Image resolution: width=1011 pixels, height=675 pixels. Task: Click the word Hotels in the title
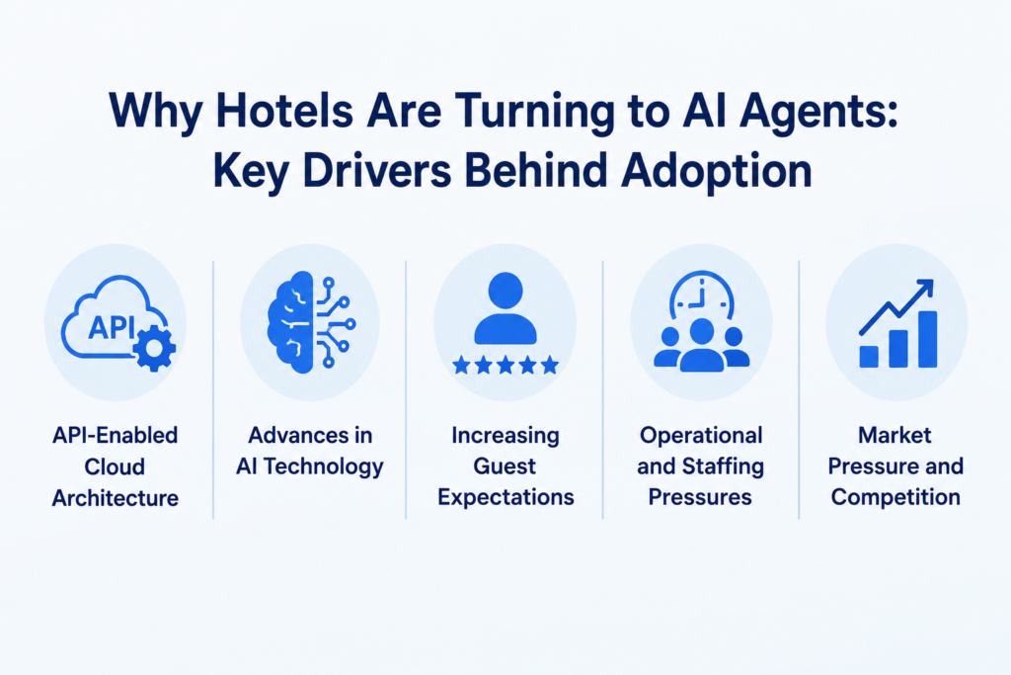[285, 111]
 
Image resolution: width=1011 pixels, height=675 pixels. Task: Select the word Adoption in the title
[717, 173]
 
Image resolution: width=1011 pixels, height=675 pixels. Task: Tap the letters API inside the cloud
[112, 327]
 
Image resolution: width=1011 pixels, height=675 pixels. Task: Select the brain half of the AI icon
[290, 322]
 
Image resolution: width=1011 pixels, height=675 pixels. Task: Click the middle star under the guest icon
[505, 366]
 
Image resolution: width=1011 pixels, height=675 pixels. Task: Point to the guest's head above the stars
[505, 291]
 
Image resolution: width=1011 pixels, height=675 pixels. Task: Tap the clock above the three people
[702, 294]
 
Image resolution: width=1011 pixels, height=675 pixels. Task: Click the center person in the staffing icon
[702, 345]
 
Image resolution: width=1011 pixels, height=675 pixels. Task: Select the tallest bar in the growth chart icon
[927, 339]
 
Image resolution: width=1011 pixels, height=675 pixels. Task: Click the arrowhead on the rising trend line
[925, 287]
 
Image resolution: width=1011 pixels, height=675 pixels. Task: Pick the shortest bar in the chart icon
[869, 357]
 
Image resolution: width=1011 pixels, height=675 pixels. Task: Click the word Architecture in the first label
[116, 498]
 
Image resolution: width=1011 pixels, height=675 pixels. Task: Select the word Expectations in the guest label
[505, 497]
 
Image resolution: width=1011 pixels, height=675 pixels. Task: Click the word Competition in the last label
[895, 497]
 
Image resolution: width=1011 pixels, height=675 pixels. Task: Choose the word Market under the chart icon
[894, 436]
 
